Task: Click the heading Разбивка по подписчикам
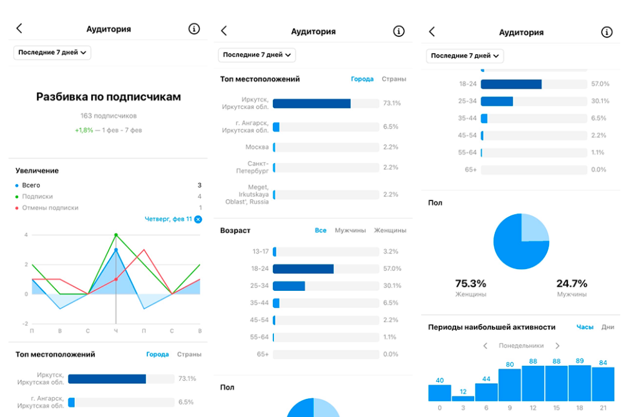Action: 109,97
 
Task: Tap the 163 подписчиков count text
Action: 109,115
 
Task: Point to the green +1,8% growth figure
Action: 84,130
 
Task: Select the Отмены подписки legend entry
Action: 50,207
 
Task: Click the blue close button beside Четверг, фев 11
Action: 198,219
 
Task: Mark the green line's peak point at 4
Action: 116,235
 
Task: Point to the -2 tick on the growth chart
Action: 25,323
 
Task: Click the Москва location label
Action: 256,147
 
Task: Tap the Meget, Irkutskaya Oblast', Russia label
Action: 247,194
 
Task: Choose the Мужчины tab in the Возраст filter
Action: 350,230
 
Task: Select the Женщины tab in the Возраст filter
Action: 390,230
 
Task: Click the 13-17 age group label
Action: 260,252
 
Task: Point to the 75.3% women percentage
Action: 471,283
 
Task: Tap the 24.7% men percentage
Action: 572,283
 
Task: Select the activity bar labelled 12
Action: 463,398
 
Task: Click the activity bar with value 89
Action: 580,383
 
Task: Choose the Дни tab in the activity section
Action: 608,327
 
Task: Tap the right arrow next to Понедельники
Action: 557,346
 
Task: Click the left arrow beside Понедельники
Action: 485,346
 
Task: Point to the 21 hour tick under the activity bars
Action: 603,408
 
